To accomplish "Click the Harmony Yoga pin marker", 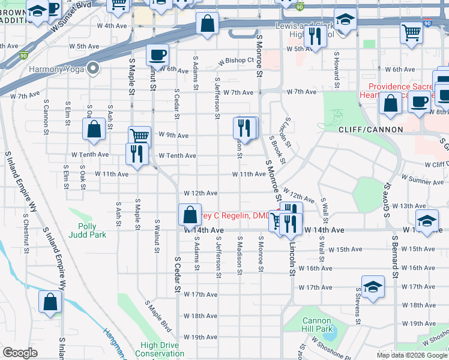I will pyautogui.click(x=92, y=68).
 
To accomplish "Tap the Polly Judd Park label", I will pyautogui.click(x=87, y=231).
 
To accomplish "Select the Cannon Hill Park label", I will pyautogui.click(x=317, y=325).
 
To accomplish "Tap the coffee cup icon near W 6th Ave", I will pyautogui.click(x=157, y=55).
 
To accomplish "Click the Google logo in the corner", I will pyautogui.click(x=20, y=353).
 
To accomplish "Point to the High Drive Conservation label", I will pyautogui.click(x=159, y=349).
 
